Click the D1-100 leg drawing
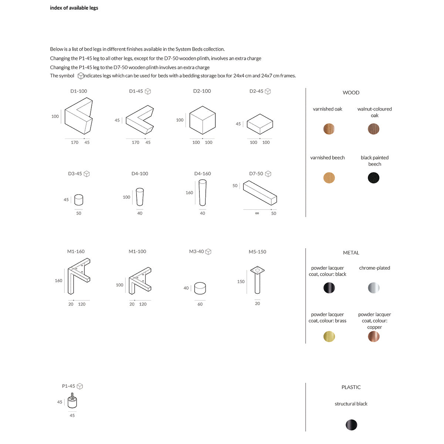[78, 116]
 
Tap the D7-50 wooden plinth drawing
[260, 193]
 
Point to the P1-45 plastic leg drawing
[72, 401]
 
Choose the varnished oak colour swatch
[329, 129]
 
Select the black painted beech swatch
[374, 178]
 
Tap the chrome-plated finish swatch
[374, 288]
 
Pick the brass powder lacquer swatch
[329, 336]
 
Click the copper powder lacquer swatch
[374, 336]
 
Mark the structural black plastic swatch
[351, 425]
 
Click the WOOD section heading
[351, 92]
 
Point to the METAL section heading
[351, 253]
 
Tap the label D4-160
[202, 174]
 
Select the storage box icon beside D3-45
[87, 174]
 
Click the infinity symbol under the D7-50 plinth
[257, 213]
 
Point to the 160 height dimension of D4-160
[189, 193]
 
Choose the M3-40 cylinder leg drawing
[200, 288]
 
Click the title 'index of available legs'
[74, 8]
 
